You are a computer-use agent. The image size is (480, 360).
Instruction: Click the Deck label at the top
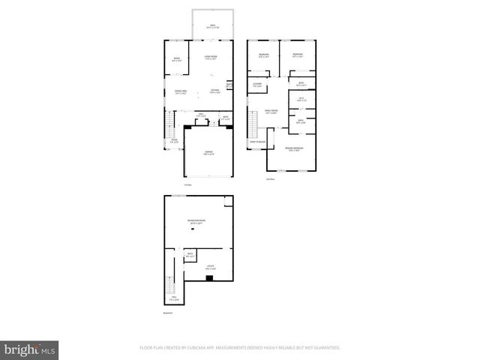click(212, 25)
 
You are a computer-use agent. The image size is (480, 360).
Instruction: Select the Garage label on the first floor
click(208, 152)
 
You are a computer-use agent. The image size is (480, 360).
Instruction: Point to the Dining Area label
click(180, 92)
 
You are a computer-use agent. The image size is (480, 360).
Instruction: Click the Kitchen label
click(214, 92)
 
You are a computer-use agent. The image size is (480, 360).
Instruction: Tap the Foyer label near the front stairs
click(173, 140)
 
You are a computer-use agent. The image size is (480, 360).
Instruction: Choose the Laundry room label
click(256, 85)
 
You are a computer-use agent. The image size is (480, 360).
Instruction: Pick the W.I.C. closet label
click(301, 98)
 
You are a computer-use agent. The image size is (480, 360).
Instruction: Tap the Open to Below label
click(257, 141)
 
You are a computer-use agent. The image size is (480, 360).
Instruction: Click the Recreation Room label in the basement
click(196, 221)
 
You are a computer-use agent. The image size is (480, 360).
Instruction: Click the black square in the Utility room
click(208, 278)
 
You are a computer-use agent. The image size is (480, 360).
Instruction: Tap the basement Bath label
click(190, 256)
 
